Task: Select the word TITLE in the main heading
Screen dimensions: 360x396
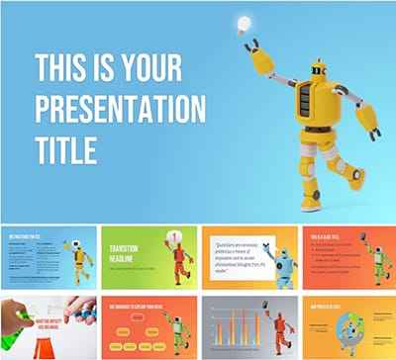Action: pos(66,149)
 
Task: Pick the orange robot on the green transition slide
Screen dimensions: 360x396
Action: pos(175,258)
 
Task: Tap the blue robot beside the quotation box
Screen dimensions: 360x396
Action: pos(285,263)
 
